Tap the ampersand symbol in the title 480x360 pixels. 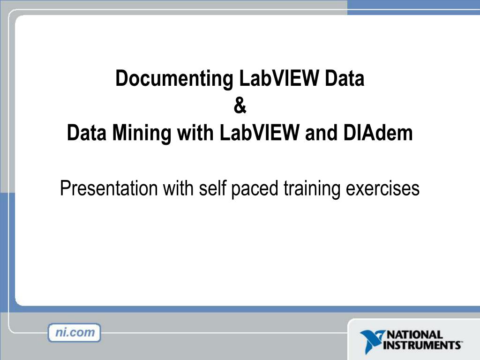coord(240,106)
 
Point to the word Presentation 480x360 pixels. coord(109,188)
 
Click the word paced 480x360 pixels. coord(255,188)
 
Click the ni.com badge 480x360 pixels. coord(74,333)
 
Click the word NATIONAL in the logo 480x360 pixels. coord(414,335)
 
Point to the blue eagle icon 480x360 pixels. coord(372,341)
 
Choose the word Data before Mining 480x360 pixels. coord(86,134)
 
